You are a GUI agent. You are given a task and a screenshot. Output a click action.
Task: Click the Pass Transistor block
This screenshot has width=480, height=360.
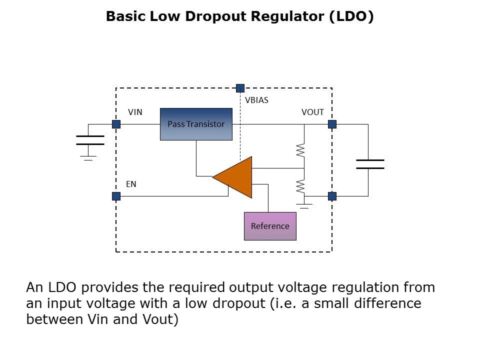coord(196,124)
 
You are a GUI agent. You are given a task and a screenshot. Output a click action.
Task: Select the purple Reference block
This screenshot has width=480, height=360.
coord(270,226)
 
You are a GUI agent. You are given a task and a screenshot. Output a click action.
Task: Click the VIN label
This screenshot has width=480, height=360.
coord(135,112)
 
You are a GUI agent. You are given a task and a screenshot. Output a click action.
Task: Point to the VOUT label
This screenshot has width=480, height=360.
coord(312,112)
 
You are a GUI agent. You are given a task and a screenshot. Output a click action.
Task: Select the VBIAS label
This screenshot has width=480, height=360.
coord(256,100)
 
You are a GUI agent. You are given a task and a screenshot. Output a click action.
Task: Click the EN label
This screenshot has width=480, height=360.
coord(131,184)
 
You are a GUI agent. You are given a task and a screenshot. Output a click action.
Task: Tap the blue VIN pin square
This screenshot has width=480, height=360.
coord(116,124)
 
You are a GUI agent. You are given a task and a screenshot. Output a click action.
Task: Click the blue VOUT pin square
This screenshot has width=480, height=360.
coord(332,124)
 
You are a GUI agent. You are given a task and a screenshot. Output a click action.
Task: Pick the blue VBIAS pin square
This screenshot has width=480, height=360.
coord(240,88)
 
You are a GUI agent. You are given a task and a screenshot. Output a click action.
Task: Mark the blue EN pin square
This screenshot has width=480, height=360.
coord(116,196)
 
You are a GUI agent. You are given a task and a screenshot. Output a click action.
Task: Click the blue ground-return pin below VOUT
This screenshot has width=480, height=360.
coord(332,196)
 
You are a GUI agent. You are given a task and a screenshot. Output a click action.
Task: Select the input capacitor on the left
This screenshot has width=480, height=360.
coord(90,139)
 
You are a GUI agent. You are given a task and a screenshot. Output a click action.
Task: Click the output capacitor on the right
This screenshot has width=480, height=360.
coord(369,164)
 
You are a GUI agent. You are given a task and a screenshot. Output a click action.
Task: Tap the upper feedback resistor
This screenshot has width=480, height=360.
coord(300,150)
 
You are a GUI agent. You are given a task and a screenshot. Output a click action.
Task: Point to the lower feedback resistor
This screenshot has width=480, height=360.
coord(300,186)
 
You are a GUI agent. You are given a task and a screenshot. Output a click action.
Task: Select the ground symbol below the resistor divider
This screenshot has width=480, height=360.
coord(304,205)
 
